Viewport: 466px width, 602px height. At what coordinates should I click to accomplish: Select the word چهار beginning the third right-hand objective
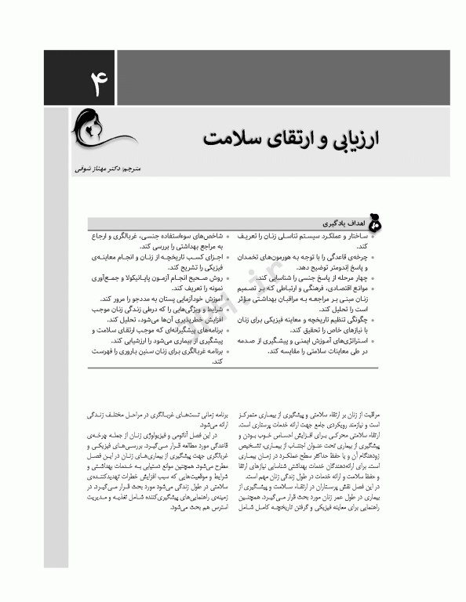(359, 277)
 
